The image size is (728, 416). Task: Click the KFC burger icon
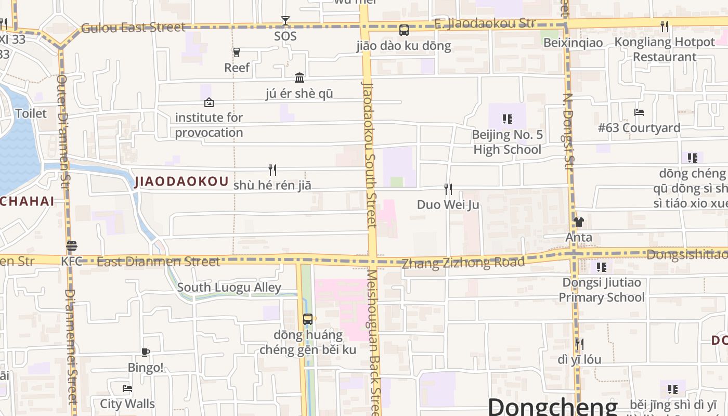(x=72, y=246)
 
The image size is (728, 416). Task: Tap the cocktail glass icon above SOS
(x=285, y=21)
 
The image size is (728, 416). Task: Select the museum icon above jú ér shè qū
(x=300, y=78)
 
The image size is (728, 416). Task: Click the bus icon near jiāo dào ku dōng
(x=404, y=30)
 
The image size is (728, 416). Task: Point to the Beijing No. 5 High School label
(x=507, y=142)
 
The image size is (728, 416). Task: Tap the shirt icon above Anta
(x=578, y=222)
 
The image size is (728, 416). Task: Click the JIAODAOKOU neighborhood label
(x=181, y=181)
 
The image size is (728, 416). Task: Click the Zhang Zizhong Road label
(x=463, y=263)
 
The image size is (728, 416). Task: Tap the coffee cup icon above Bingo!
(x=146, y=352)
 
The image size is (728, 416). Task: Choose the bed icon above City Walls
(x=127, y=388)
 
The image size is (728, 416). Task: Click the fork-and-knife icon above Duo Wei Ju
(x=448, y=189)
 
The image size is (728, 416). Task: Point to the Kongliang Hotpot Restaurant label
(x=665, y=49)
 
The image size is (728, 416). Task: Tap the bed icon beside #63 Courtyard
(x=639, y=112)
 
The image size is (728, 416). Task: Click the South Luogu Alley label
(x=229, y=288)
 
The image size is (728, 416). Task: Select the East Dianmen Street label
(x=158, y=262)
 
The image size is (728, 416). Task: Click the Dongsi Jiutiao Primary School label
(x=602, y=290)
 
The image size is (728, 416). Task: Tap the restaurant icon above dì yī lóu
(x=579, y=344)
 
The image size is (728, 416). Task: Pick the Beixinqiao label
(x=573, y=43)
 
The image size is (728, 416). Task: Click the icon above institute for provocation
(x=209, y=102)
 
